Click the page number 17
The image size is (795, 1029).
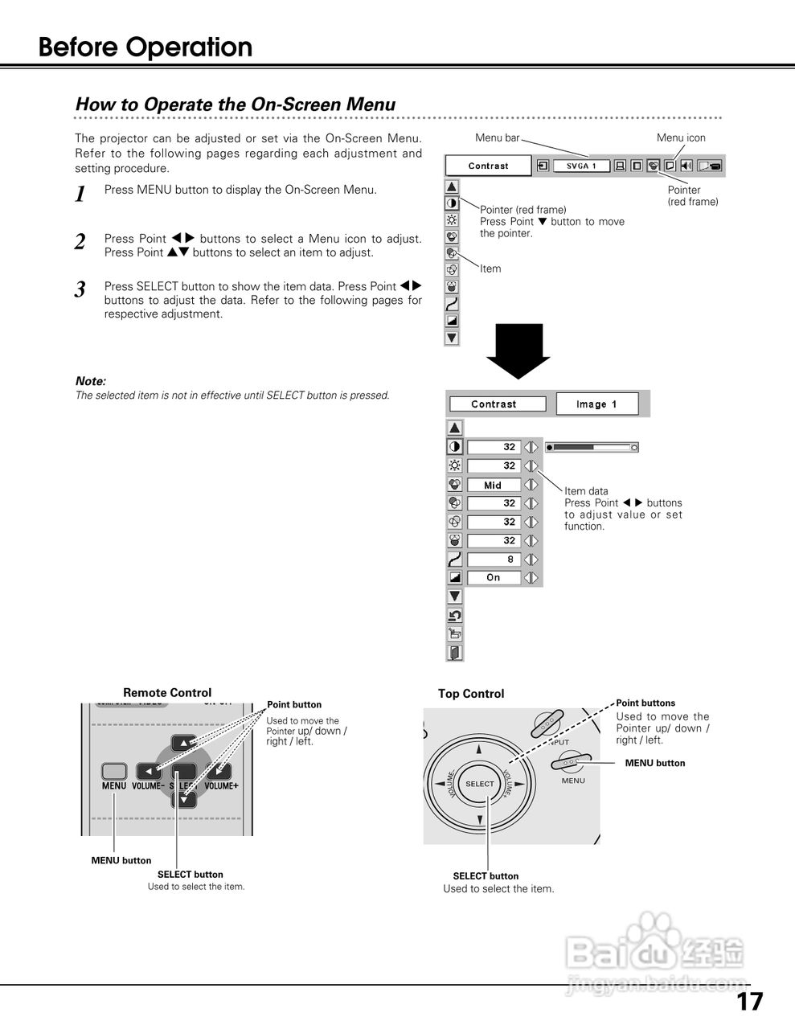point(750,1001)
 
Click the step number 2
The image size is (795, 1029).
point(80,242)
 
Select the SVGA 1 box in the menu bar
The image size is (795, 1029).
point(581,166)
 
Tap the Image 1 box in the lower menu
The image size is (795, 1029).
point(596,404)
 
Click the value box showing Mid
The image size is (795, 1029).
point(493,485)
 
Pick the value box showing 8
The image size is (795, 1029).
point(493,560)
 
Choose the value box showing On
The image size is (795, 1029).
point(493,578)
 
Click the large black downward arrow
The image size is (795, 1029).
point(518,350)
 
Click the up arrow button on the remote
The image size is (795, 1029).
point(184,744)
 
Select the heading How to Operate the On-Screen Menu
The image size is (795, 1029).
point(236,105)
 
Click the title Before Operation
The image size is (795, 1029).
point(145,47)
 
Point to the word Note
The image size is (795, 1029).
point(90,381)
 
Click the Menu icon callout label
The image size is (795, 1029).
point(680,137)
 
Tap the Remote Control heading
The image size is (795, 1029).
point(167,692)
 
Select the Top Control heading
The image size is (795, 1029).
point(471,694)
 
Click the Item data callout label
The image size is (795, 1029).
point(586,491)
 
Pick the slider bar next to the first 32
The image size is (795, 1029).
point(592,447)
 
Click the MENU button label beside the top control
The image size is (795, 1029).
point(655,763)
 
